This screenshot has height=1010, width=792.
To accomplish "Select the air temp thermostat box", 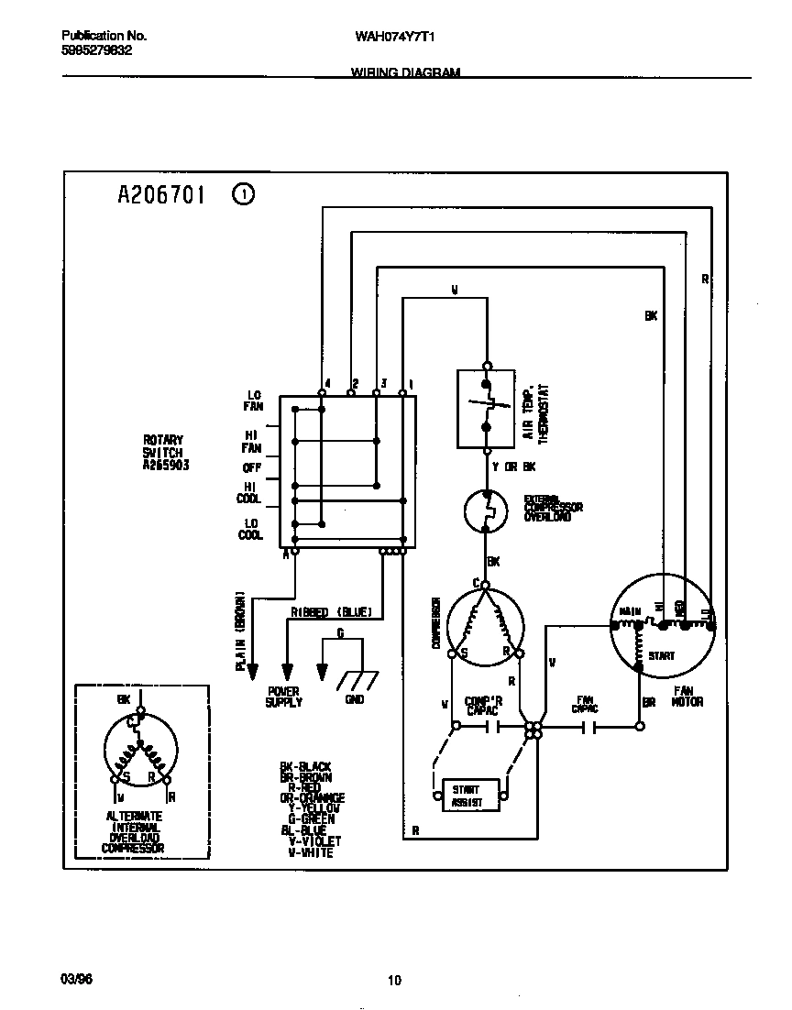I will click(486, 408).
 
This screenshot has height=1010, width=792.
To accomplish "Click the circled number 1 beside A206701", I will click(244, 194).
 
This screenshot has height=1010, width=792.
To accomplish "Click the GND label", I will click(355, 699).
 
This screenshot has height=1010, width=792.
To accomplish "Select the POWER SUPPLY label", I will click(284, 697).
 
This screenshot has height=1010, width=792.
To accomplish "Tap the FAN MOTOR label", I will click(688, 697).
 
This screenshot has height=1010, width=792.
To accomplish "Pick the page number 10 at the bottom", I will click(394, 981).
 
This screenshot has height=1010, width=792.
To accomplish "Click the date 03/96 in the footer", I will click(75, 979).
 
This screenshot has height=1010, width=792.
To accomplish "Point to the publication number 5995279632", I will click(96, 50).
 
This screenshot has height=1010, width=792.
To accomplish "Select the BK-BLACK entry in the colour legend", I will click(305, 765).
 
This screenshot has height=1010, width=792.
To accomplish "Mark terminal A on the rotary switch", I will click(287, 554).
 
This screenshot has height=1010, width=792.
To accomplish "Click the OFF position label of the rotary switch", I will click(252, 467).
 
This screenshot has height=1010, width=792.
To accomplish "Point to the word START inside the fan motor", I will click(661, 655).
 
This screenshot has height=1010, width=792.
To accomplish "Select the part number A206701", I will click(163, 194).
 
